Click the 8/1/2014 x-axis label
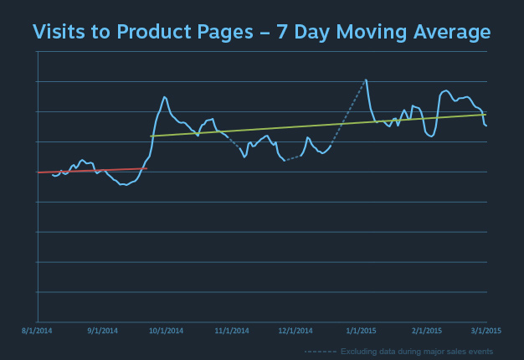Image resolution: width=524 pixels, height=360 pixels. coord(38,331)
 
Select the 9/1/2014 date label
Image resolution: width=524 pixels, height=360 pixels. coord(102,331)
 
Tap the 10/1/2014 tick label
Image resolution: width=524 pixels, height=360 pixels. coord(166,331)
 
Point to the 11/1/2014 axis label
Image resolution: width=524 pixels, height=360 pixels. coord(231,331)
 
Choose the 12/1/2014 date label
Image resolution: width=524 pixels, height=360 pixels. coord(295,331)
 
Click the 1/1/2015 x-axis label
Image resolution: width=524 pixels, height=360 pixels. coord(361,331)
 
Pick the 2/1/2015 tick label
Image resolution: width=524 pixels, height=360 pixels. coord(426,331)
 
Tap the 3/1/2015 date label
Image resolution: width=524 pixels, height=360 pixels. coord(485,331)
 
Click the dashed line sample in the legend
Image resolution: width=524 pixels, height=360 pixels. coord(320,351)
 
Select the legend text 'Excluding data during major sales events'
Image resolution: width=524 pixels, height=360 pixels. coord(416,351)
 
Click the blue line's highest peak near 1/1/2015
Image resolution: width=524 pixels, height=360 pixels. coord(366,80)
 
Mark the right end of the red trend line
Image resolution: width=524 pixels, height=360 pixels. coord(146,168)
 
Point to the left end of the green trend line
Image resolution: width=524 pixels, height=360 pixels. coord(151,136)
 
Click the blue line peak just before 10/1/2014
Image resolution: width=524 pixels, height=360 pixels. coord(164,97)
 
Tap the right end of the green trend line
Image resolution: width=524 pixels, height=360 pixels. coord(486,115)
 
